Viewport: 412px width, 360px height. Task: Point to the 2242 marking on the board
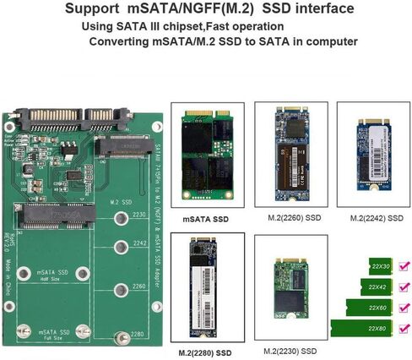tap(139, 250)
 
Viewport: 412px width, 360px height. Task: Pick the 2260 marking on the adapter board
tap(139, 286)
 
